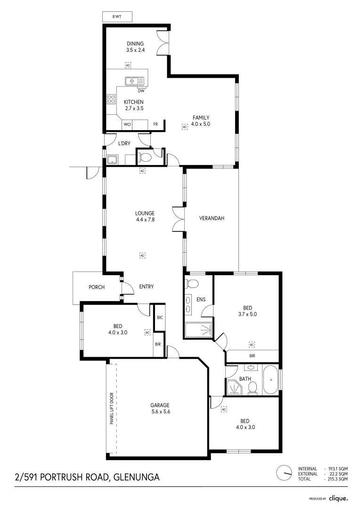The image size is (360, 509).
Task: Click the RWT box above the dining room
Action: pos(116,17)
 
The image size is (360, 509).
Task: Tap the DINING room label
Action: pos(135,44)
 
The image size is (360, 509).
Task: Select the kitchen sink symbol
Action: pos(134,81)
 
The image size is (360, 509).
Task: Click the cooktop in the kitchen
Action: pos(111,99)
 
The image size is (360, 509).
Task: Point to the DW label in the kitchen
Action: pos(141,91)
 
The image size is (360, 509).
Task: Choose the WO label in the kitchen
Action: pos(127,124)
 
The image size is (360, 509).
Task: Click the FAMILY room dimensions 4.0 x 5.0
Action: pos(200,124)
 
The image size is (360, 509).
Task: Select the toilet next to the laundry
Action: pos(146,156)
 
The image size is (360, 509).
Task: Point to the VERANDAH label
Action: pos(211,218)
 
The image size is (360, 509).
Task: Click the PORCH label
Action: pos(96,287)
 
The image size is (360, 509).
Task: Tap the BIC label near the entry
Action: pos(160,318)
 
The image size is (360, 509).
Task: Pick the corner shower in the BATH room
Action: pos(234,387)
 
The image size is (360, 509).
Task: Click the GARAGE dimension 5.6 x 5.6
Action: pos(160,411)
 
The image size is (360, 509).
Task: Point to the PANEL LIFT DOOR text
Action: pos(112,409)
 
